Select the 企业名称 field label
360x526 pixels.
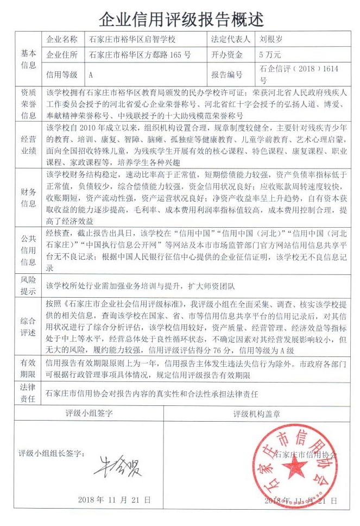(x=62, y=39)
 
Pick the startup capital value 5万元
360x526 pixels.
(x=270, y=55)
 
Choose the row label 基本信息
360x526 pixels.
(x=29, y=59)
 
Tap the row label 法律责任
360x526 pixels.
(x=29, y=393)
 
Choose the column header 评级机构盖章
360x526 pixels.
(x=256, y=414)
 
